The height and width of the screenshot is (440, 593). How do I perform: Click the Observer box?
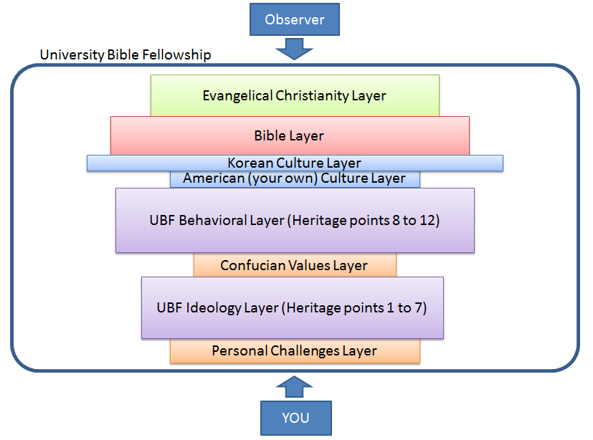click(x=294, y=19)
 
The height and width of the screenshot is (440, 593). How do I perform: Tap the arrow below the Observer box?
click(x=295, y=49)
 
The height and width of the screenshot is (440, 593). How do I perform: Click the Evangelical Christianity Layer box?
click(x=294, y=95)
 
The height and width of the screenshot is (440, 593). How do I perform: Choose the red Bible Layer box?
click(x=289, y=135)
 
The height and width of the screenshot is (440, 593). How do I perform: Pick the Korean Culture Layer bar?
click(x=294, y=163)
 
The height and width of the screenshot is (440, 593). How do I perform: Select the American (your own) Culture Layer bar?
click(x=294, y=178)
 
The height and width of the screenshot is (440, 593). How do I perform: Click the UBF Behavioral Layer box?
click(x=294, y=220)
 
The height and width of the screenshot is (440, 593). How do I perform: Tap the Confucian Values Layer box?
click(x=294, y=265)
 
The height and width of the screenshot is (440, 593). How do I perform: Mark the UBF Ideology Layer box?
click(x=292, y=307)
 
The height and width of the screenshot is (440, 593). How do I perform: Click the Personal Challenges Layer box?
click(x=294, y=350)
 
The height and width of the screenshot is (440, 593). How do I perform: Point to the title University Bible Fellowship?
click(x=125, y=55)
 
